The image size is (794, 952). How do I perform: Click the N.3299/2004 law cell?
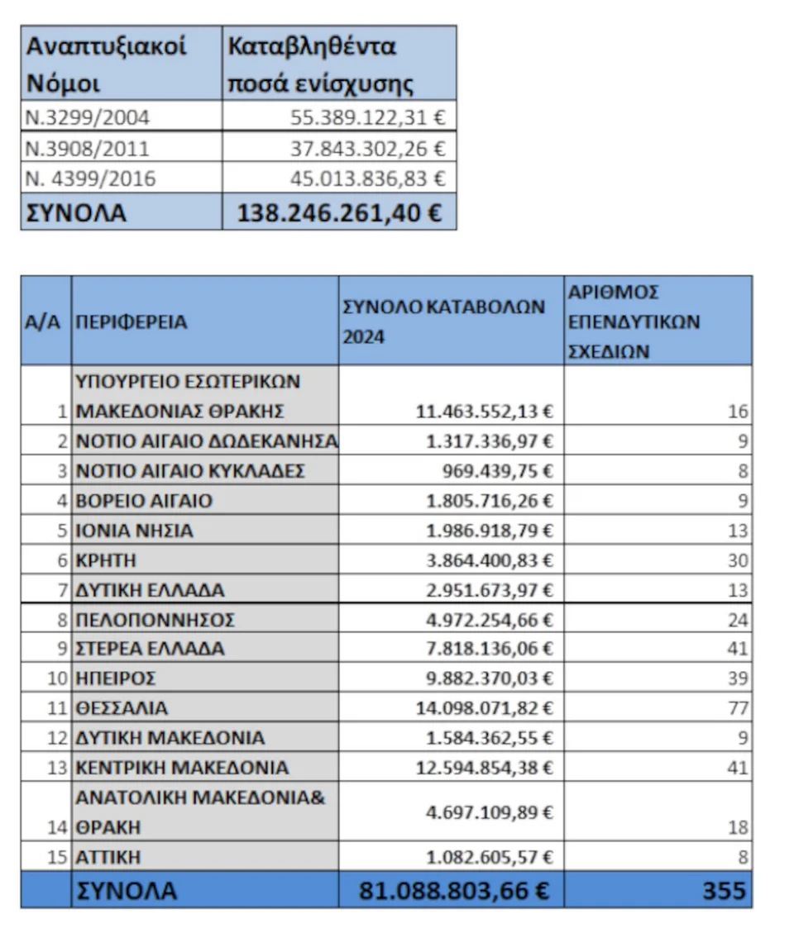pos(88,117)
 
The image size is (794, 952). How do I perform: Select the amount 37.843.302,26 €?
pos(367,148)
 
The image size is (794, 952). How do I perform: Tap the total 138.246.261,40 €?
pos(339,212)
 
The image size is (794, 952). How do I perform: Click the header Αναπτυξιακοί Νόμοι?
pos(107,64)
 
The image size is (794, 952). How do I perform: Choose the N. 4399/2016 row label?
pos(91,178)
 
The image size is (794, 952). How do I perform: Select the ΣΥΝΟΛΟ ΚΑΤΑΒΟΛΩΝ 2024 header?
pos(444,321)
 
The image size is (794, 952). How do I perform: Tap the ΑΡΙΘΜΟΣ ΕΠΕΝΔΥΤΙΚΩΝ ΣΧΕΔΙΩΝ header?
pos(634,321)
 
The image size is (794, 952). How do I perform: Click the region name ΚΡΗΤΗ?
pos(107,560)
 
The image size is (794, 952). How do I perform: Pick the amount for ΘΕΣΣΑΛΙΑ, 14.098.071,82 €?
pos(484,708)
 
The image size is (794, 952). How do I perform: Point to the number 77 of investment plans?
pos(738,708)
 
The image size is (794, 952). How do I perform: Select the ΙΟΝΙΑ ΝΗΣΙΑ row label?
pos(135,531)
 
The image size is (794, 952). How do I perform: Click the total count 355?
pos(724,891)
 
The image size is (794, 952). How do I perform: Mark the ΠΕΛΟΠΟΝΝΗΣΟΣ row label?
pos(155,620)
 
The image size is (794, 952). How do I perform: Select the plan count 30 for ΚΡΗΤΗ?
pos(738,560)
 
